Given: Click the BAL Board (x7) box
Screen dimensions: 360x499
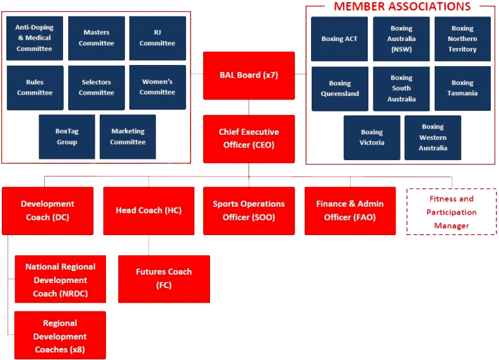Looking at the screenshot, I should point(249,75).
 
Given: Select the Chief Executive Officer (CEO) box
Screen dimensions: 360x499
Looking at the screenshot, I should point(249,138).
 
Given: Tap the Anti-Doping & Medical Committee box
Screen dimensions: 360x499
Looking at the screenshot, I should point(35,38).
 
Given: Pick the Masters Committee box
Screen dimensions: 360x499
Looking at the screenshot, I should point(97,38).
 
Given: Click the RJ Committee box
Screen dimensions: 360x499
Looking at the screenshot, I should point(157,38).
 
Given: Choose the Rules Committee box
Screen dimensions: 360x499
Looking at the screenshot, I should point(35,88).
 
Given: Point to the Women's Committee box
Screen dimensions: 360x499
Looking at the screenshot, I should point(157,88).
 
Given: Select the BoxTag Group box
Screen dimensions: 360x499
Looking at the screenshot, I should point(66,137).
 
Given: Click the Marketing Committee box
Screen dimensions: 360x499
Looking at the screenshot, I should point(127,137).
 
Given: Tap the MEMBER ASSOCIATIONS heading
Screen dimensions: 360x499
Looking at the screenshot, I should point(402,6).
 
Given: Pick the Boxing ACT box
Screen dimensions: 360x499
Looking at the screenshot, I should point(339,39).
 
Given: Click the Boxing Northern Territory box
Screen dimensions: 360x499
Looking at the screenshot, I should point(462,39).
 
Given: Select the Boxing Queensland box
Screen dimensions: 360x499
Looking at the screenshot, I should point(339,88).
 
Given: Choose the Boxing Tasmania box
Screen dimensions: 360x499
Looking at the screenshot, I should point(462,88).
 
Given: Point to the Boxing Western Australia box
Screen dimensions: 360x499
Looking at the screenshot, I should point(433,137).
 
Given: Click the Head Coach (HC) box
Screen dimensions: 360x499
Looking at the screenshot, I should point(148,211).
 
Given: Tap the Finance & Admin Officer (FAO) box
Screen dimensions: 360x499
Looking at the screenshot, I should point(349,211).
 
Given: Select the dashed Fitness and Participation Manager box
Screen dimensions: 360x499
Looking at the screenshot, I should point(451,212).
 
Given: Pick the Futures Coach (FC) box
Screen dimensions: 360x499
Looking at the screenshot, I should point(163,279).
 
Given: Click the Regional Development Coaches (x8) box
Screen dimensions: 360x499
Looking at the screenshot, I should point(60,335).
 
